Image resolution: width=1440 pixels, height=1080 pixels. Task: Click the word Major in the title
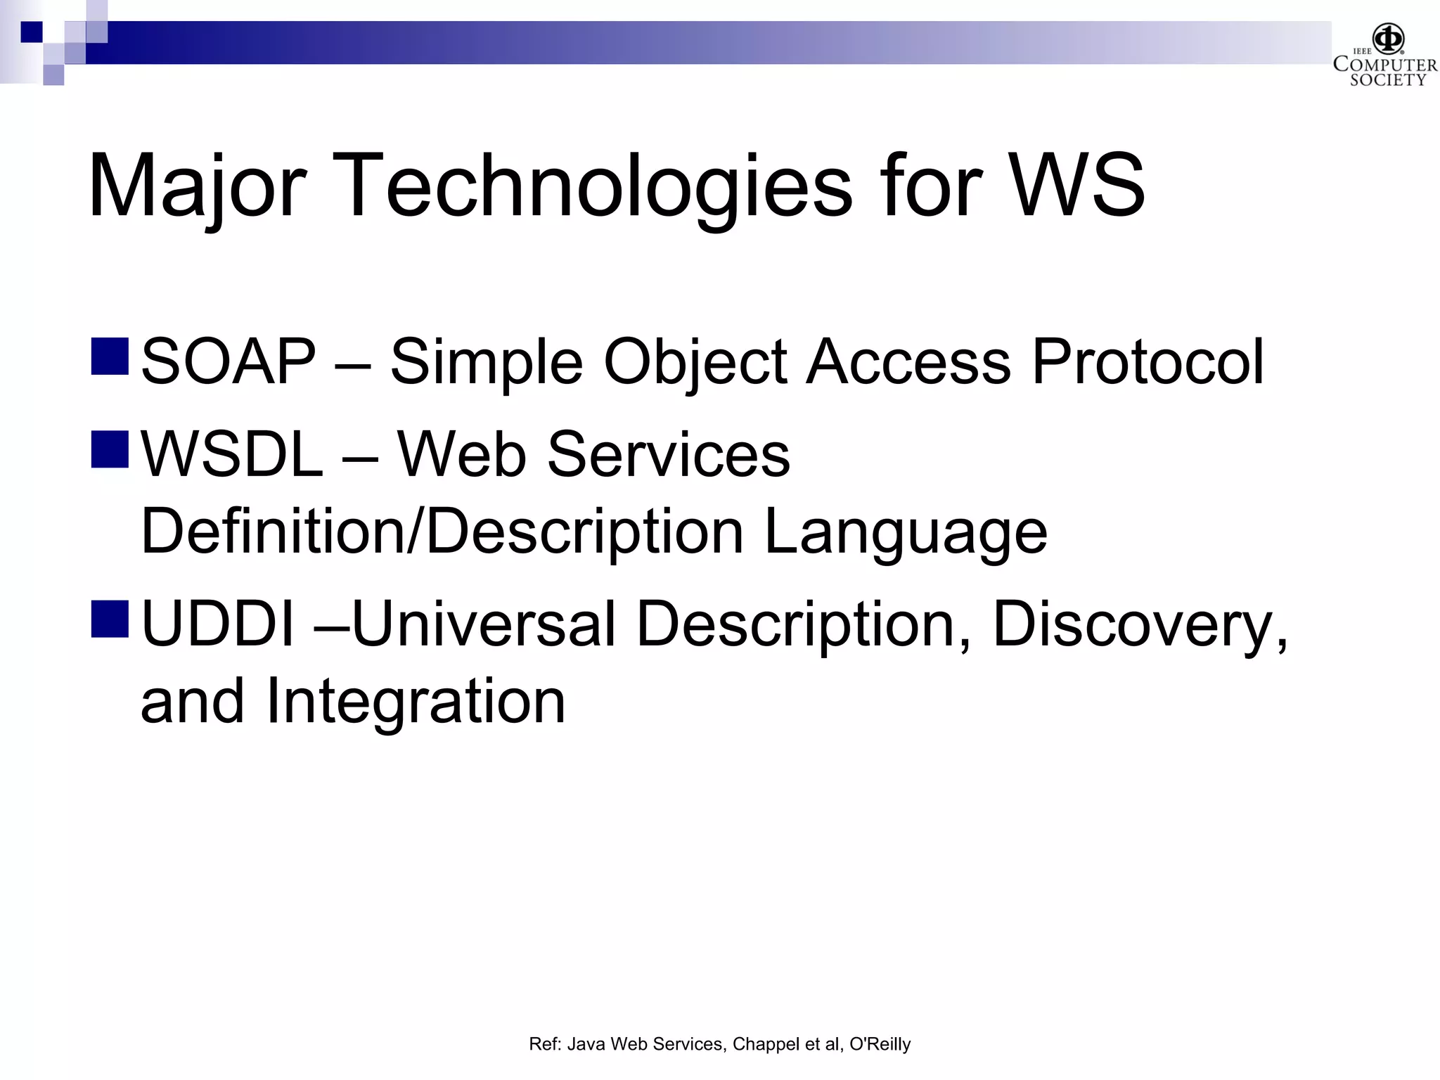tap(197, 186)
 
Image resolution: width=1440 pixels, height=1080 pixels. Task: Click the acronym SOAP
tap(229, 361)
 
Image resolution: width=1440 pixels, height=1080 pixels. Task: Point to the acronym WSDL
tap(233, 455)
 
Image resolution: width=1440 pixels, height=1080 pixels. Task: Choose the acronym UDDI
tap(217, 624)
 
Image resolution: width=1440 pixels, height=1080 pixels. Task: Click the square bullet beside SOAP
tap(110, 356)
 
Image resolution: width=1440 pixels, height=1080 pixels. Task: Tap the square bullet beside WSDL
tap(110, 449)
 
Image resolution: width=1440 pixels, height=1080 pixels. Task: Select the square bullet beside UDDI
tap(110, 619)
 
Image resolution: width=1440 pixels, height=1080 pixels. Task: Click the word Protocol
tap(1147, 361)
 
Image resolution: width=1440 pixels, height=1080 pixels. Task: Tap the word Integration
tap(415, 702)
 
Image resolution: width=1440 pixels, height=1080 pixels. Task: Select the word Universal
tap(484, 624)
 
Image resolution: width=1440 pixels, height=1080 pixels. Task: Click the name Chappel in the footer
tap(766, 1045)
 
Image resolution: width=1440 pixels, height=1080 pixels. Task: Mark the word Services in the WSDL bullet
tap(668, 455)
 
